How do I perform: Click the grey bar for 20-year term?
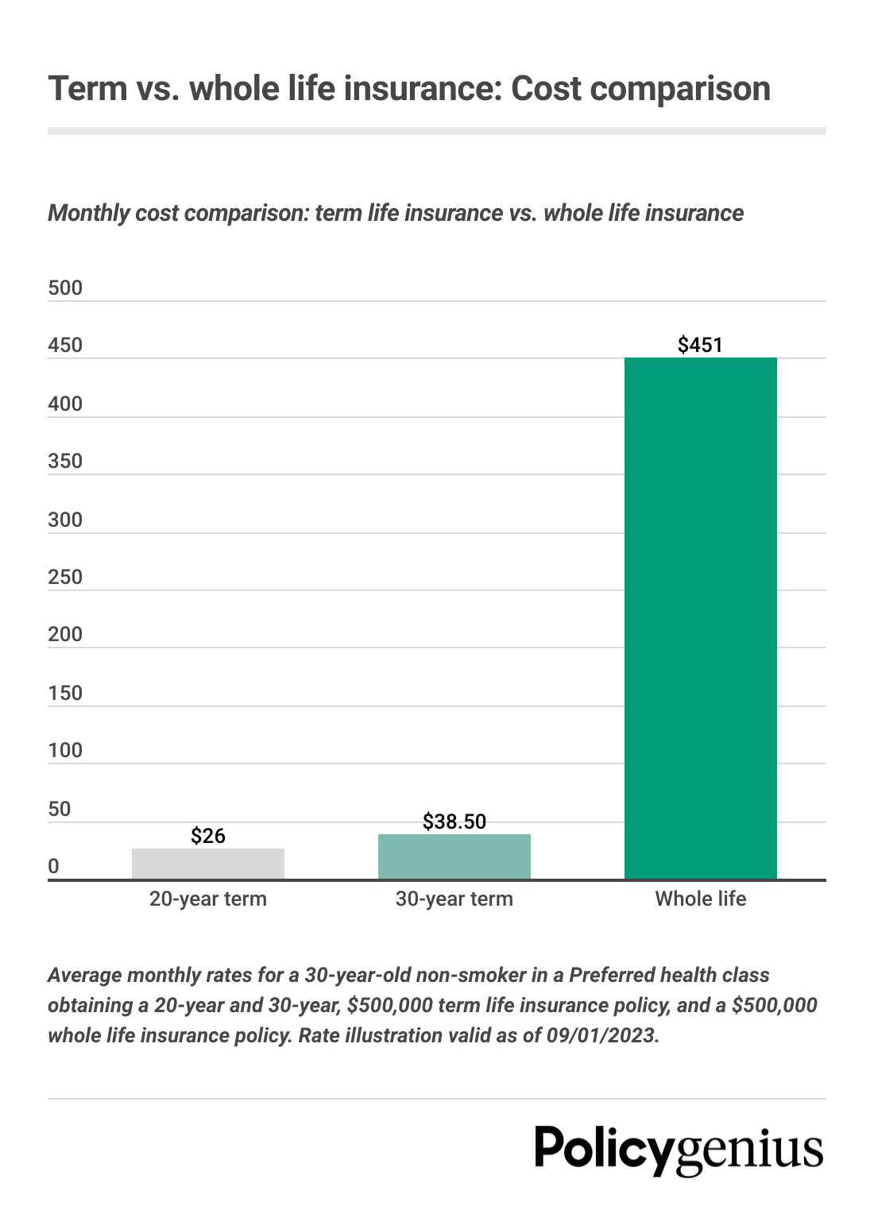(x=207, y=864)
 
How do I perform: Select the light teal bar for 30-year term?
(x=454, y=856)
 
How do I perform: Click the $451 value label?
(x=700, y=345)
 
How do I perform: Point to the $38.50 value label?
(x=454, y=821)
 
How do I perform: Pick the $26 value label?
(x=208, y=836)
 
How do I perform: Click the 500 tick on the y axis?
(x=65, y=288)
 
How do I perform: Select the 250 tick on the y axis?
(x=65, y=578)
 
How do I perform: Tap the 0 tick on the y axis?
(x=53, y=867)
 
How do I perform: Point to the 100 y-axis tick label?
(x=65, y=751)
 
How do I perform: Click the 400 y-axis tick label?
(x=65, y=404)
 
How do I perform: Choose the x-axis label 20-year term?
(x=208, y=899)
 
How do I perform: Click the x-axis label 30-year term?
(x=454, y=899)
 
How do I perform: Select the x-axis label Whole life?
(x=700, y=899)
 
